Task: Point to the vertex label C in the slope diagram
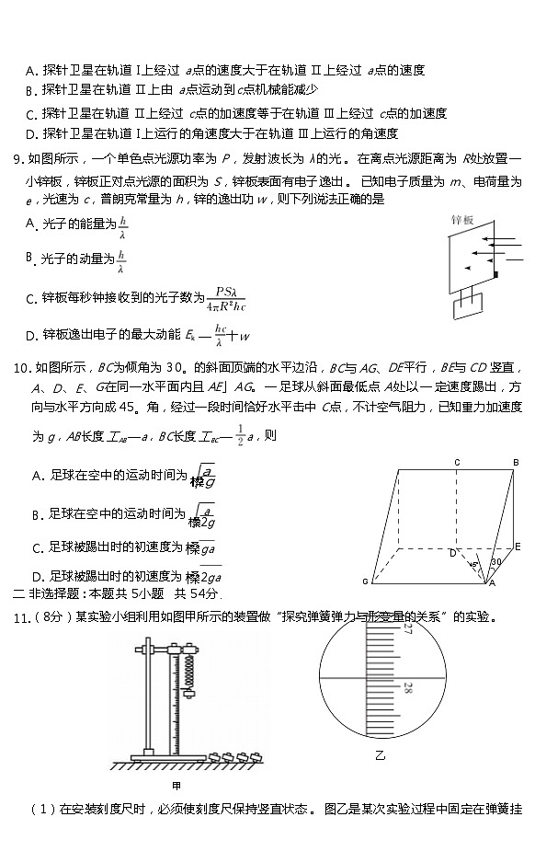tap(457, 462)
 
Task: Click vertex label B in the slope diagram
tap(517, 462)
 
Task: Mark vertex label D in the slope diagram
tap(452, 554)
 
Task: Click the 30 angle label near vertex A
tap(495, 562)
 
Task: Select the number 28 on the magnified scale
tap(406, 687)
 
